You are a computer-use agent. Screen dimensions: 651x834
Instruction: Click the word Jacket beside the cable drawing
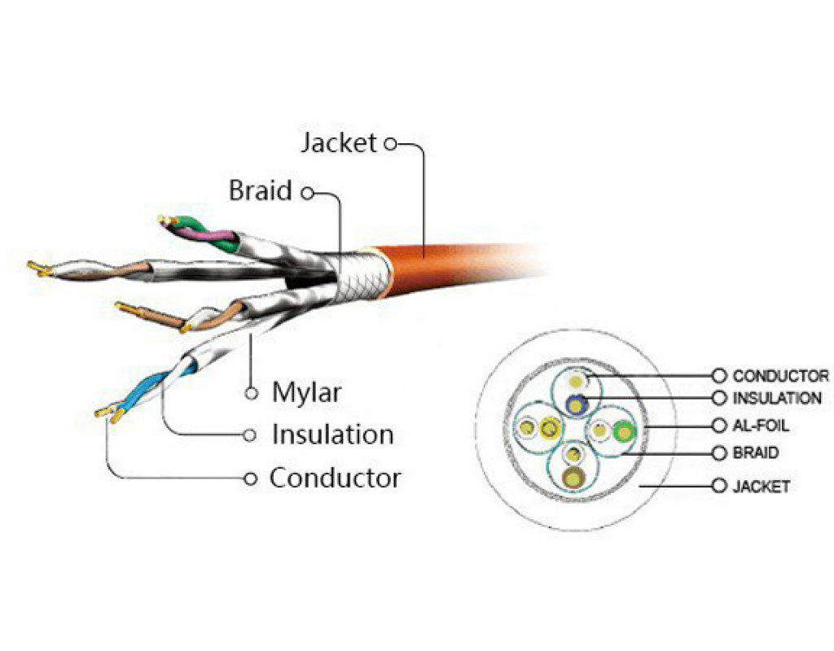click(339, 143)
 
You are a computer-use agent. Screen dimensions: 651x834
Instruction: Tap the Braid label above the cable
click(260, 191)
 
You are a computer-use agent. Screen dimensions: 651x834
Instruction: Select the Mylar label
click(306, 393)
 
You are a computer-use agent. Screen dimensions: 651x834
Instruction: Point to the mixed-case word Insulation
click(332, 435)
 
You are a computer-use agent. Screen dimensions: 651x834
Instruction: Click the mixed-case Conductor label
click(335, 478)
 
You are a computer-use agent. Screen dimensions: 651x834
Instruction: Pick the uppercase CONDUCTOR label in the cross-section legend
click(780, 376)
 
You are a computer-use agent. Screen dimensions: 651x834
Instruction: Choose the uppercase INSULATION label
click(777, 399)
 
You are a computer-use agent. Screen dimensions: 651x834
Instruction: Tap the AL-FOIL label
click(761, 426)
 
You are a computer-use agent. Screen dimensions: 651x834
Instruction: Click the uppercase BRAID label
click(755, 453)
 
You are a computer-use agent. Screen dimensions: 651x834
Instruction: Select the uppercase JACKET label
click(761, 487)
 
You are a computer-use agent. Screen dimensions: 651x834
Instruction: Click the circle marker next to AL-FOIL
click(718, 426)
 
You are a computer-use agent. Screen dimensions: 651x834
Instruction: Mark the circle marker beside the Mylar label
click(252, 393)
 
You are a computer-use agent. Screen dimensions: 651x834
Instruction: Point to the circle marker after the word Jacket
click(389, 144)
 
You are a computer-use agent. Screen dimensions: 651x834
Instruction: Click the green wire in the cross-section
click(624, 432)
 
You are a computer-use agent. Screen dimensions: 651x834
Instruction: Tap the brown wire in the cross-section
click(576, 478)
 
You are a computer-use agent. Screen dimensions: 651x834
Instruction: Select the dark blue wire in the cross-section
click(577, 402)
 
